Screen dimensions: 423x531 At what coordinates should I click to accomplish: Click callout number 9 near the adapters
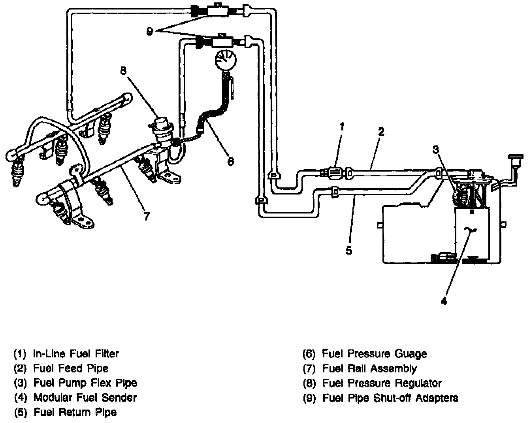(x=149, y=32)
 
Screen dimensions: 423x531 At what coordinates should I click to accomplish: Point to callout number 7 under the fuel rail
(x=147, y=215)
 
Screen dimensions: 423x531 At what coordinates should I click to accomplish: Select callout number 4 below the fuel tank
(x=444, y=301)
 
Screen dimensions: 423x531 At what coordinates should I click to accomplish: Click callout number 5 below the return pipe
(x=348, y=251)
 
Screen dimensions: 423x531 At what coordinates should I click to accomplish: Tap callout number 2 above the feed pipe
(x=380, y=132)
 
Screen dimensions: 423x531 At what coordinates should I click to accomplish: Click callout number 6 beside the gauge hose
(x=231, y=161)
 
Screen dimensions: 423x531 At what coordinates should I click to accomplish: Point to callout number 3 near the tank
(x=435, y=149)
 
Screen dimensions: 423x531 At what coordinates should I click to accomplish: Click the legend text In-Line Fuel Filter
(x=76, y=353)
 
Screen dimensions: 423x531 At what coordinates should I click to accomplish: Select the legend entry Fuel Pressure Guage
(x=374, y=353)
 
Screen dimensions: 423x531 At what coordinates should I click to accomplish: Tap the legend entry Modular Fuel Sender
(x=85, y=397)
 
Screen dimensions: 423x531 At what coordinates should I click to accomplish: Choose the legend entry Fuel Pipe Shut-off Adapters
(x=390, y=398)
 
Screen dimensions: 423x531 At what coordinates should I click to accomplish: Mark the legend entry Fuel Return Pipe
(x=75, y=412)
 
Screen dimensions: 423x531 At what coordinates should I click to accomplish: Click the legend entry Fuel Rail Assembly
(x=369, y=368)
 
